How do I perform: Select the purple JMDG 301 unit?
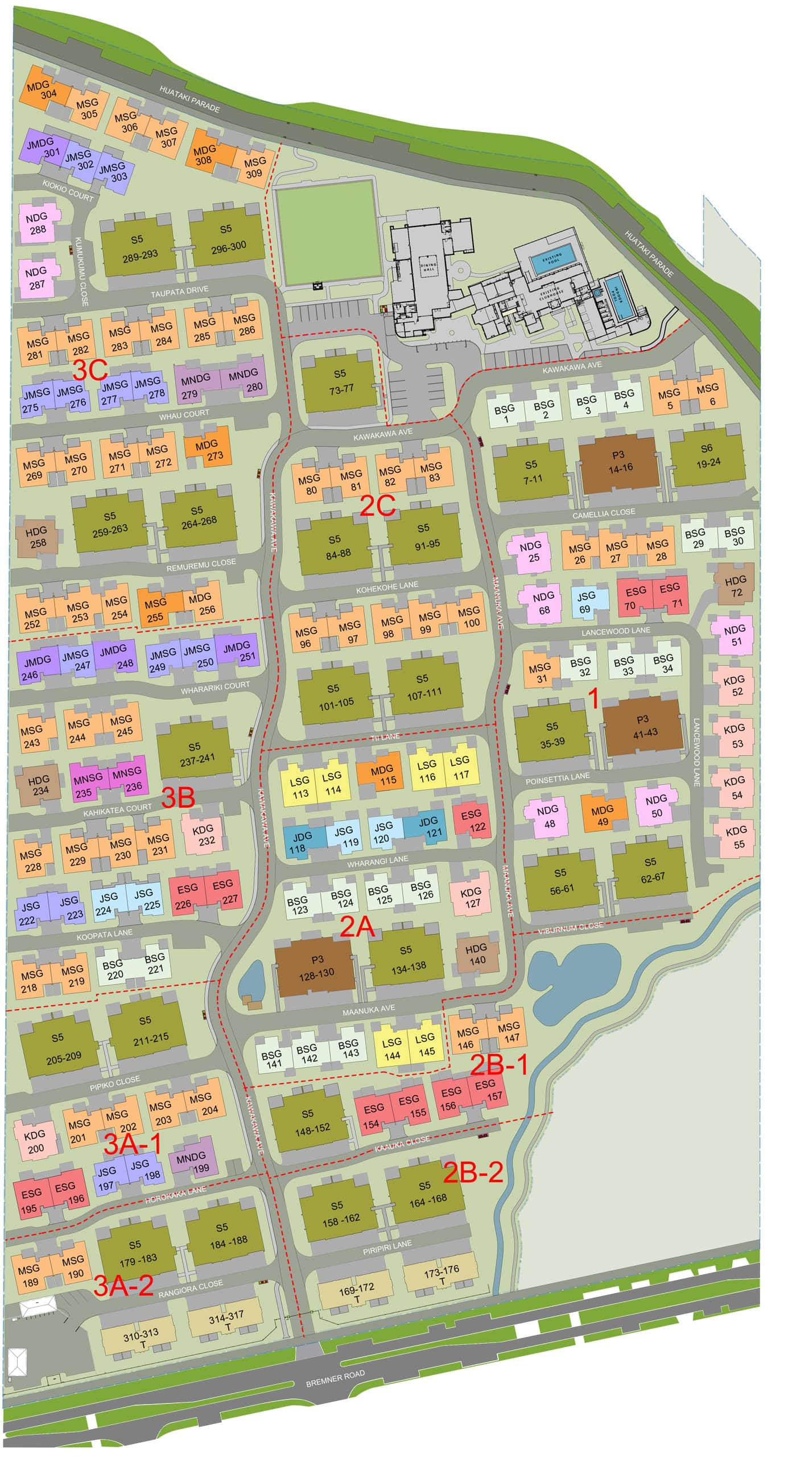pyautogui.click(x=42, y=147)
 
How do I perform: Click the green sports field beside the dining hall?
pyautogui.click(x=329, y=233)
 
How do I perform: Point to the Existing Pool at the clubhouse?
pyautogui.click(x=548, y=260)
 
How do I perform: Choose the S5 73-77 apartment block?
pyautogui.click(x=340, y=381)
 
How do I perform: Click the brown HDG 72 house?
pyautogui.click(x=736, y=586)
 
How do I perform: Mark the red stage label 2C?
pyautogui.click(x=377, y=505)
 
